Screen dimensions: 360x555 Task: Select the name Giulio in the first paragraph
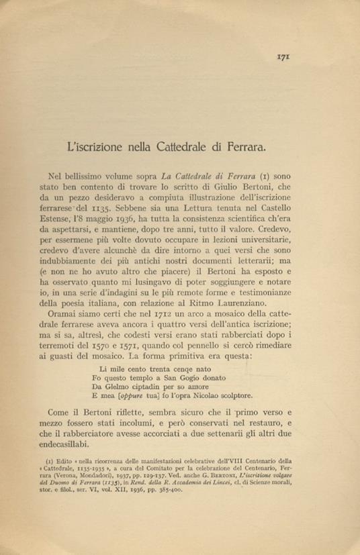click(x=259, y=187)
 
